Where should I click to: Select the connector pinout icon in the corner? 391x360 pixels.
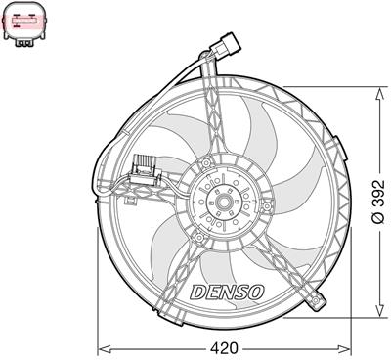point(24,22)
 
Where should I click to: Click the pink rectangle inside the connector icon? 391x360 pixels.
point(24,19)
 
